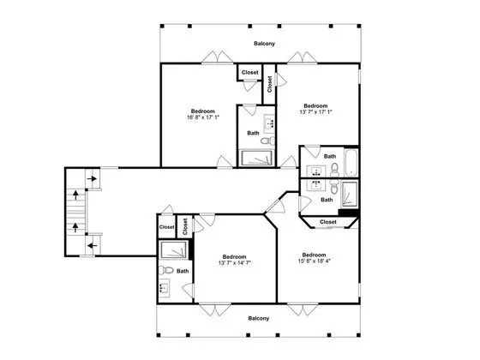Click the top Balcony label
coord(264,44)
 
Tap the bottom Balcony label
coord(259,318)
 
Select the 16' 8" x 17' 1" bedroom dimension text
coord(203,117)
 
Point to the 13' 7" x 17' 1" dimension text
coord(315,111)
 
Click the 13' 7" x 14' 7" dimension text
coord(235,262)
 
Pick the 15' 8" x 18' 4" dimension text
coord(314,261)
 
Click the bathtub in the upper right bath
coord(351,162)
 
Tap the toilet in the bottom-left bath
coord(166,270)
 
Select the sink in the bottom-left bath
coord(164,288)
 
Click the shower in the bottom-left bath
coord(173,249)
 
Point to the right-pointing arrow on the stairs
coord(92,178)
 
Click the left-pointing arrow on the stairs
coord(93,245)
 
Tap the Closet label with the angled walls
coord(327,222)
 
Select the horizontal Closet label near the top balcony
coord(249,72)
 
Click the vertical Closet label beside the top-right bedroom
coord(269,84)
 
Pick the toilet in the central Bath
coord(268,141)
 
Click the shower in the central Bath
coord(256,158)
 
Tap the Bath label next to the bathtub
coord(330,156)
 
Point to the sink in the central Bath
coord(269,123)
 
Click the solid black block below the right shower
coord(348,213)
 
